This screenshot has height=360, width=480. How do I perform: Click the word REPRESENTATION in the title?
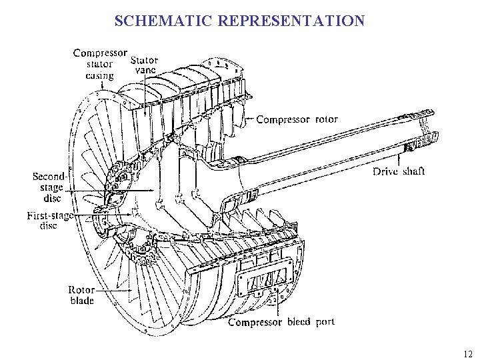tap(291, 21)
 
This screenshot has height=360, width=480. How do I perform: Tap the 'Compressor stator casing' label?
tap(99, 64)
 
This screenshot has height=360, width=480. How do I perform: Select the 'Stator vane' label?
tap(145, 64)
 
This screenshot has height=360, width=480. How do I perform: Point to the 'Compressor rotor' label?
tap(297, 120)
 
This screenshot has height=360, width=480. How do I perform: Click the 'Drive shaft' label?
tap(398, 171)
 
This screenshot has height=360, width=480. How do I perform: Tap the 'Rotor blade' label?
tap(81, 295)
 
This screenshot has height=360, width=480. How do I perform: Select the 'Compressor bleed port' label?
tap(281, 322)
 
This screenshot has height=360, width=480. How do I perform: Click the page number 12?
tap(466, 354)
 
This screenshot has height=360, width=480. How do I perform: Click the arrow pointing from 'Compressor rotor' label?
tap(250, 120)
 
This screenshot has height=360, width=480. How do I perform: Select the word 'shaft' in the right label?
tap(413, 171)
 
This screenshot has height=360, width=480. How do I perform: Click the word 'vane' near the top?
tap(145, 69)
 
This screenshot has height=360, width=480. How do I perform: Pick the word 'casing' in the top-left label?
tap(99, 75)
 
